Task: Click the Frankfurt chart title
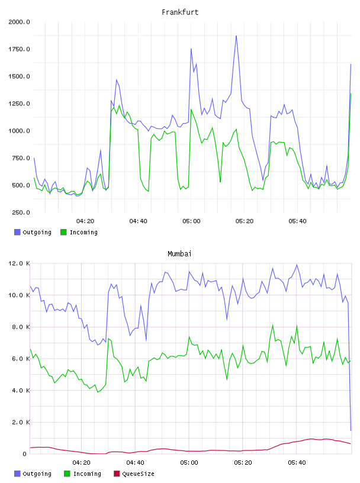(180, 12)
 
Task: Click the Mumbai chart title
(179, 254)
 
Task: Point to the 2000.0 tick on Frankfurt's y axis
(19, 22)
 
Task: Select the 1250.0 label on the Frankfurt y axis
(19, 104)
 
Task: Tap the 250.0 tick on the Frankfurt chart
(21, 212)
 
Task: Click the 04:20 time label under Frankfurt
(85, 221)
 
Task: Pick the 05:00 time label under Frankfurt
(191, 221)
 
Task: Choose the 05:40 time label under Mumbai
(297, 463)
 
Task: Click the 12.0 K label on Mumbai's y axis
(19, 263)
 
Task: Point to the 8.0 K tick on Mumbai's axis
(21, 327)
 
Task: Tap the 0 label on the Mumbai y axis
(25, 454)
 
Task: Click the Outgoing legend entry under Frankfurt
(33, 232)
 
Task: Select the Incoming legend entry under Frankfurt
(79, 232)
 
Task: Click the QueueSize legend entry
(134, 474)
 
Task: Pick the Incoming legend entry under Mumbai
(82, 474)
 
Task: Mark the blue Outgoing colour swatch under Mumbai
(17, 474)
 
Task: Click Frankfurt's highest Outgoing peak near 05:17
(236, 36)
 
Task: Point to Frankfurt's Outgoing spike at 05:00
(191, 49)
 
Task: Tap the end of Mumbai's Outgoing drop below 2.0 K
(351, 430)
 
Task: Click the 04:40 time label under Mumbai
(135, 463)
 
